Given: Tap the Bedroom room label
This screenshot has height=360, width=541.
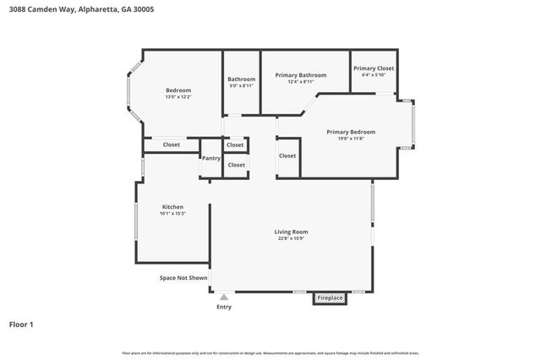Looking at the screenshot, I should (178, 90).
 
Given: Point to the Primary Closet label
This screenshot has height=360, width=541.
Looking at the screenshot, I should (373, 68).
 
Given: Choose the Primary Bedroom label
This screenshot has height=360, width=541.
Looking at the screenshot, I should (351, 132).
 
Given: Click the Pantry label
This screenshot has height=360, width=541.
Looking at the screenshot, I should (210, 158).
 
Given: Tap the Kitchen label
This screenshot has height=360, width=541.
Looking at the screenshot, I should (172, 207).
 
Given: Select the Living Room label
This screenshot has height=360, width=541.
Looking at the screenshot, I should (291, 232).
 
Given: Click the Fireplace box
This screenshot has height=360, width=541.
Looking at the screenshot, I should (330, 298).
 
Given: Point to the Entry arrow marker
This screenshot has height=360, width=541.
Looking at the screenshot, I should (223, 297).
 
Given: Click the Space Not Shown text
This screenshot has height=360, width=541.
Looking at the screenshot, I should (183, 277).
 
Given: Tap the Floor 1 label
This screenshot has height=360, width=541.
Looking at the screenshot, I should (21, 324).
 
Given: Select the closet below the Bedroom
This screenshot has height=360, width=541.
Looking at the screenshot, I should (171, 145).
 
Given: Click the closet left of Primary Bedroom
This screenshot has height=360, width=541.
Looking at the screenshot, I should (287, 155).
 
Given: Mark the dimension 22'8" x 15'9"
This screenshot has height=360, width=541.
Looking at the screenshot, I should (291, 239).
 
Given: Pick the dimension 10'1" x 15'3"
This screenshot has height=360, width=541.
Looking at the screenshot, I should (172, 214).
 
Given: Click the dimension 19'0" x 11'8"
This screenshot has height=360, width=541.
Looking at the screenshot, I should (351, 139).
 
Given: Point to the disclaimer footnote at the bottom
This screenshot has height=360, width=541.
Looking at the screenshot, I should (270, 352).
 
